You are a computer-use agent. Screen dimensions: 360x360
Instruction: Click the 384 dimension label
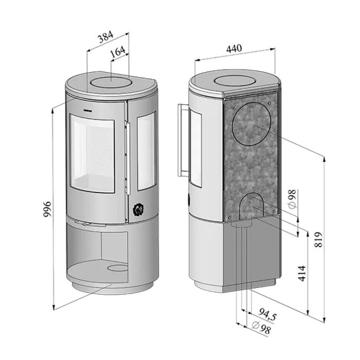(x=106, y=37)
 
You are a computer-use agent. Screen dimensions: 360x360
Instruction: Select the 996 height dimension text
(x=47, y=209)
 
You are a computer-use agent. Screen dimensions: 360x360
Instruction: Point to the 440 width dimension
(x=234, y=48)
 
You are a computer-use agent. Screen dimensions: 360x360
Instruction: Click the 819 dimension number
(x=318, y=240)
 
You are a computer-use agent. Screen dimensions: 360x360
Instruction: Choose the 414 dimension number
(x=302, y=273)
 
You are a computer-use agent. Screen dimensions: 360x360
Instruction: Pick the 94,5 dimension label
(x=267, y=314)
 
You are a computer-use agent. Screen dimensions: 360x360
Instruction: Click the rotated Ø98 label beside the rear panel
(x=292, y=199)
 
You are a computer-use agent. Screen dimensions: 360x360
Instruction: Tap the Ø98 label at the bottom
(x=261, y=328)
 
